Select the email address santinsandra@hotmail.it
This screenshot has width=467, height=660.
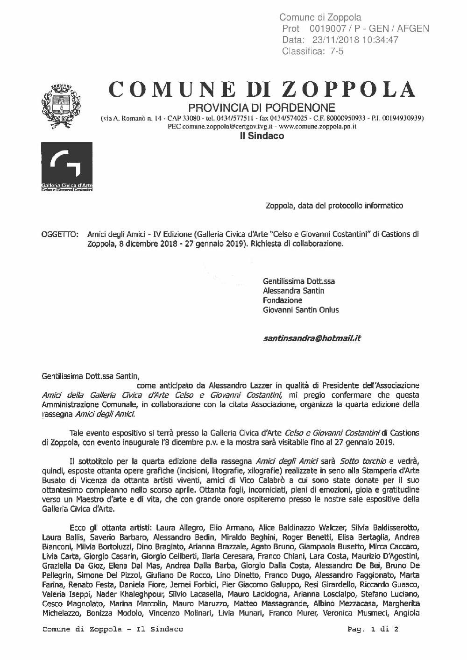[312, 338]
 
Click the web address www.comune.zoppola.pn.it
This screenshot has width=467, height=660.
[319, 127]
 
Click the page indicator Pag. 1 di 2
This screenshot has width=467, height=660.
[373, 629]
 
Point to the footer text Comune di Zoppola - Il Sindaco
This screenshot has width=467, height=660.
[113, 629]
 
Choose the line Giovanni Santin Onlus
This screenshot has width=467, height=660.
[301, 309]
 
